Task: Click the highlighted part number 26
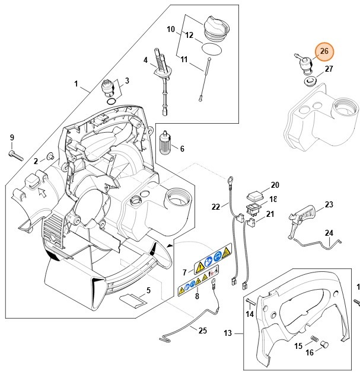324,52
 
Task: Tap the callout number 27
329,69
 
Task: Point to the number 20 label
275,185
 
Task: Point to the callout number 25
203,331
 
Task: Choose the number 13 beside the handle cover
228,333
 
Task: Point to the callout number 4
145,60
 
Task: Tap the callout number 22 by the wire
216,206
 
